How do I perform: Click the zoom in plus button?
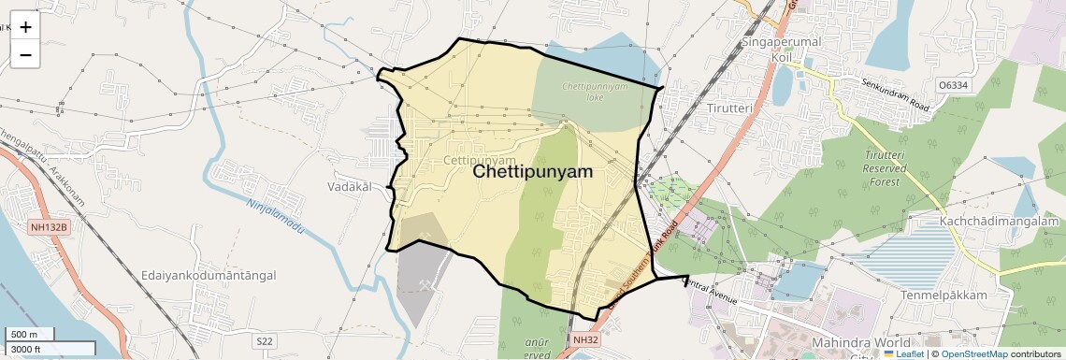[25, 27]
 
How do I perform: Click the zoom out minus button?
[25, 55]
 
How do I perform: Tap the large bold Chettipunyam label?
[533, 172]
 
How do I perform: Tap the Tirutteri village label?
[730, 108]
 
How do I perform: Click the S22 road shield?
[266, 341]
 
